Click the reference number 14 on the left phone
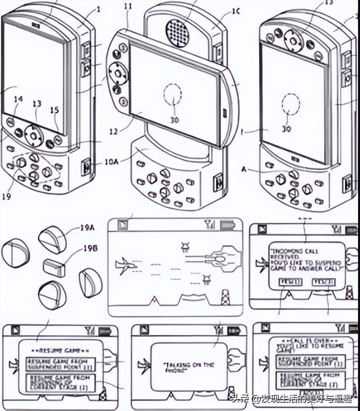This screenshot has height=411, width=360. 18,99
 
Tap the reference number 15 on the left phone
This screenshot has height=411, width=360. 55,110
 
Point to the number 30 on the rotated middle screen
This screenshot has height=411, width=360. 175,120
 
